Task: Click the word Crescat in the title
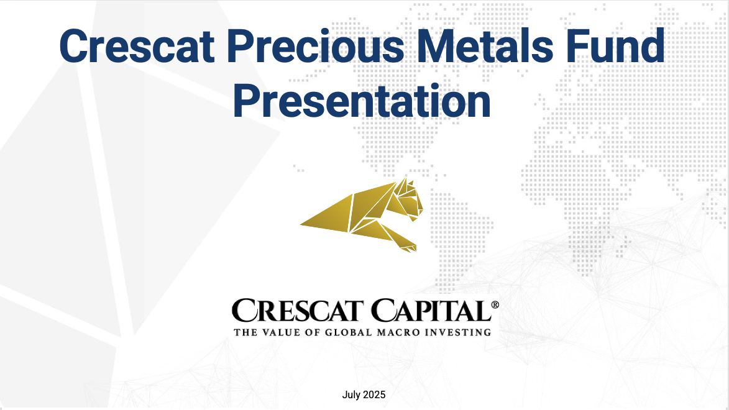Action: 137,46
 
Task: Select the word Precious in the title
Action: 316,46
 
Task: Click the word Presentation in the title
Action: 362,101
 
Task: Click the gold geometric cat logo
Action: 362,215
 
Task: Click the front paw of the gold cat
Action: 409,247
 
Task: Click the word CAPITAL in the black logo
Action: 431,311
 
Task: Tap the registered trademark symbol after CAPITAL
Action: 495,305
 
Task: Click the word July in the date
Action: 351,395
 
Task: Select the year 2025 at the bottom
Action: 374,394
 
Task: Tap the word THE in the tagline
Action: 245,332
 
